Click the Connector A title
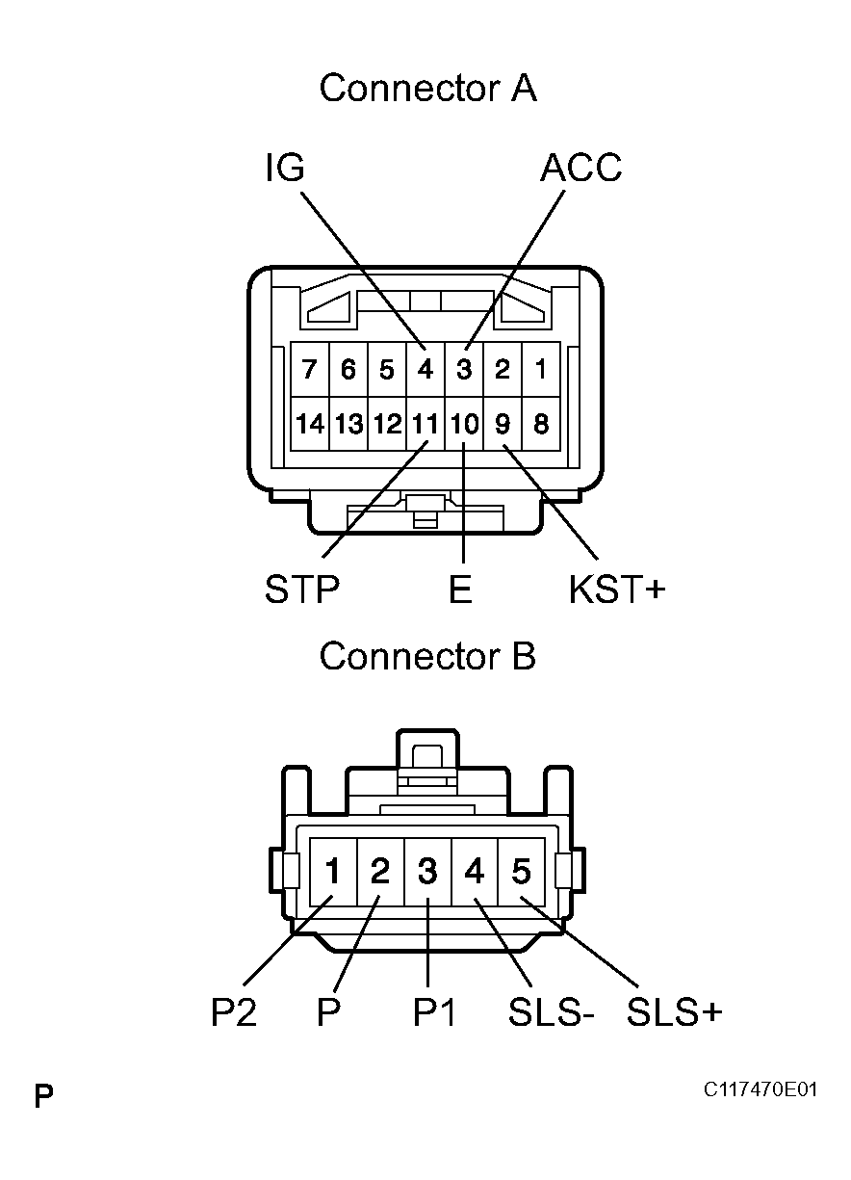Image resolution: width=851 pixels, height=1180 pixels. [427, 88]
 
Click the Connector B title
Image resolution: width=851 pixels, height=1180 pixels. [427, 656]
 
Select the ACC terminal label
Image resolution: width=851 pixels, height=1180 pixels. [580, 169]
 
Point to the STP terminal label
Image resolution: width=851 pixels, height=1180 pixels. [302, 590]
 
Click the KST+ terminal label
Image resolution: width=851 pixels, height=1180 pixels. [617, 590]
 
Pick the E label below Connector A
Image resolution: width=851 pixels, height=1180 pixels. [461, 590]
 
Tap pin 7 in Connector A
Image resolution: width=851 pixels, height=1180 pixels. [309, 370]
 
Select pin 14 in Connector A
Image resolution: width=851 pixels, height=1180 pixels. [309, 424]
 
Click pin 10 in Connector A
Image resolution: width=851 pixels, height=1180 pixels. [464, 424]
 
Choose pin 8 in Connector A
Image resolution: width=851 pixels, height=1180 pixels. [541, 424]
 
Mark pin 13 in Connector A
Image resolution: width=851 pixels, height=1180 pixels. [348, 424]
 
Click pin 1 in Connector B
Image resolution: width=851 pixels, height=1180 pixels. [333, 872]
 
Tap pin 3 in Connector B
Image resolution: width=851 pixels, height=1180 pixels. [427, 872]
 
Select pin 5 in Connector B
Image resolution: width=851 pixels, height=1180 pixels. [521, 872]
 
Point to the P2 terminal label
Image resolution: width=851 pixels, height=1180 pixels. [234, 1012]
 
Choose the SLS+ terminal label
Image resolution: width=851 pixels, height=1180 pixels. [674, 1012]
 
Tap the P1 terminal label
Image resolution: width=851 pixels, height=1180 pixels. [434, 1012]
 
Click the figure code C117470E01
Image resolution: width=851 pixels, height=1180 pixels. [760, 1090]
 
